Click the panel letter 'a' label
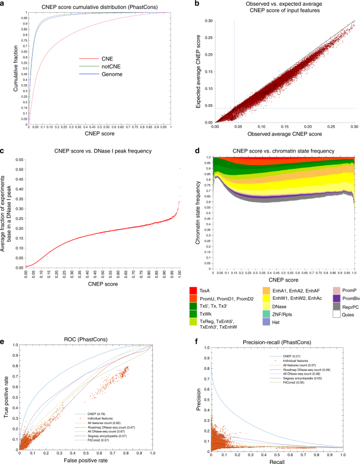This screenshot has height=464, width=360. tap(4, 4)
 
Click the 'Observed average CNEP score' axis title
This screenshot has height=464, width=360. tap(284, 135)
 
